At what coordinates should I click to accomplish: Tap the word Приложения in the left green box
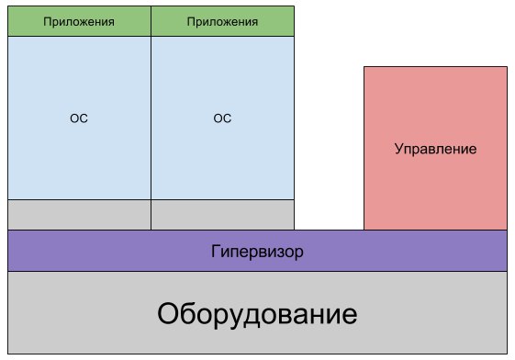coord(79,20)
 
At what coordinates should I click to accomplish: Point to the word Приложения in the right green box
coord(223,20)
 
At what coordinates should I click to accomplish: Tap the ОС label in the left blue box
coord(79,118)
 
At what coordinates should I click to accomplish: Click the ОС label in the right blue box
coord(223,118)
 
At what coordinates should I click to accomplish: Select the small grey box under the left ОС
coord(79,214)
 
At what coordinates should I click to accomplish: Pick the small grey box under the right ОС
coord(223,214)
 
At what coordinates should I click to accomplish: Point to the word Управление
coord(435,148)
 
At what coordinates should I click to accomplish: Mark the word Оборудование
coord(257,315)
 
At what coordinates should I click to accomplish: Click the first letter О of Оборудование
coord(169,315)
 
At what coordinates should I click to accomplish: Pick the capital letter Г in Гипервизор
coord(216,251)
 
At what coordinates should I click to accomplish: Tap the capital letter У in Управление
coord(399,148)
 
